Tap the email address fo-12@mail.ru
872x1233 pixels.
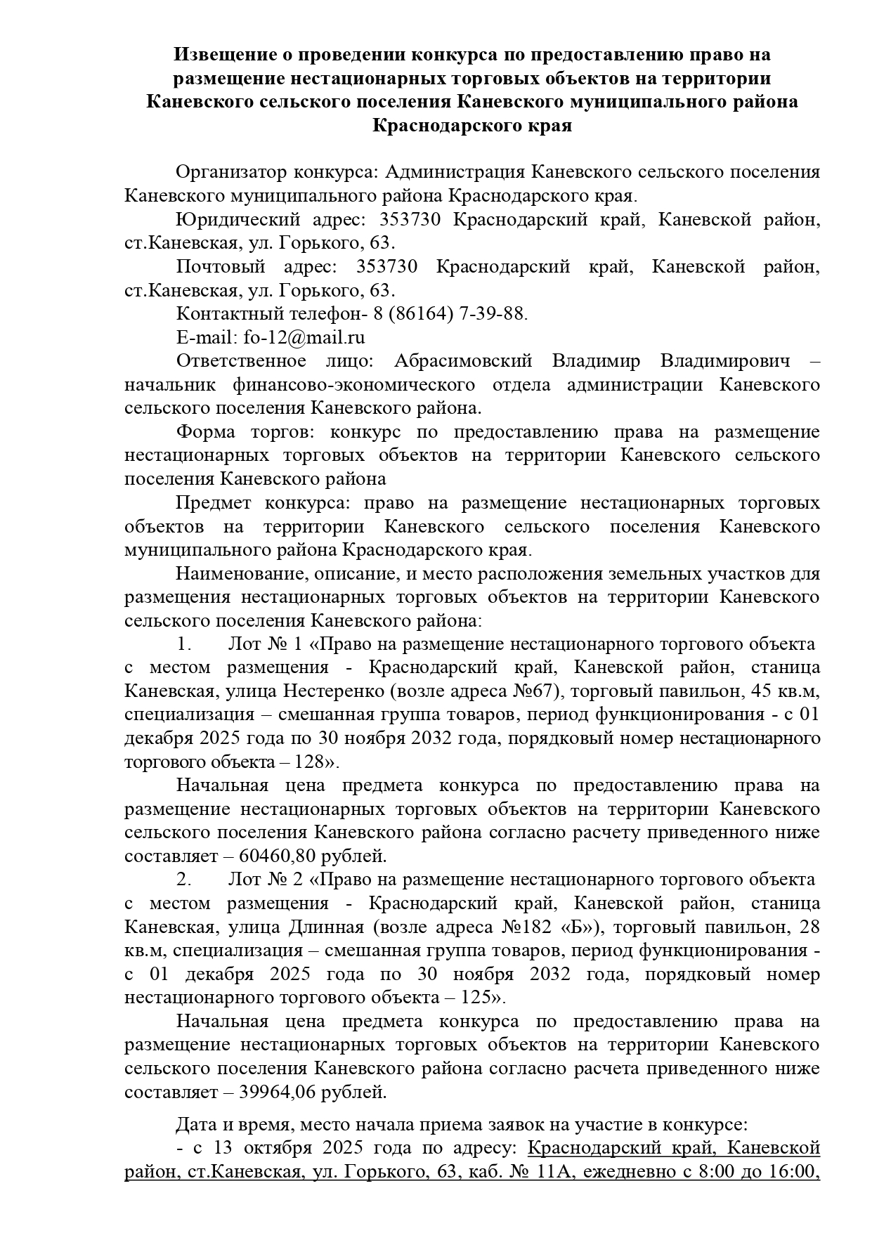[304, 337]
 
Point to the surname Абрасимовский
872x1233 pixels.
[463, 361]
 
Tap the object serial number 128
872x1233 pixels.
[312, 762]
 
